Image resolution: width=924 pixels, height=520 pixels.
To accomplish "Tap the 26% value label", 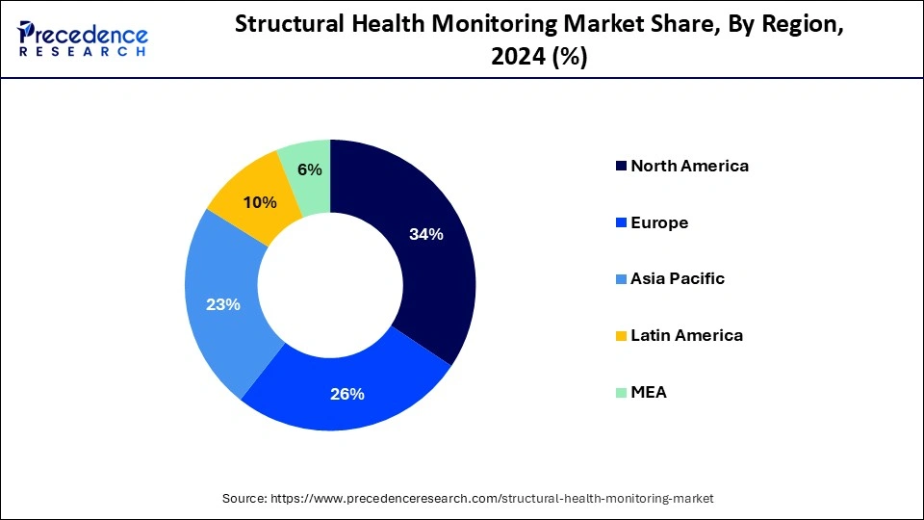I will click(x=347, y=394).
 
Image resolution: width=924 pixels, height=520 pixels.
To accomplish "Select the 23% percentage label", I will click(x=222, y=304).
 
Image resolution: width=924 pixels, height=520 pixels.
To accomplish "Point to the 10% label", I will click(x=260, y=202).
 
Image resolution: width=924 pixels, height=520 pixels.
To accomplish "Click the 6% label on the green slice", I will click(x=310, y=169).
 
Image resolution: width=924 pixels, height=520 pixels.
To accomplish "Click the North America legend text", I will click(x=689, y=166).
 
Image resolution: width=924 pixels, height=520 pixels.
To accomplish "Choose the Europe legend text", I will click(x=659, y=222).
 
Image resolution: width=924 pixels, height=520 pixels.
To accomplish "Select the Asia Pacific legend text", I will click(x=678, y=278).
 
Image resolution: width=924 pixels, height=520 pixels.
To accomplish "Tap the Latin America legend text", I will click(x=686, y=335).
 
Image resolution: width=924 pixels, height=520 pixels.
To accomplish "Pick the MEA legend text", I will click(x=649, y=392).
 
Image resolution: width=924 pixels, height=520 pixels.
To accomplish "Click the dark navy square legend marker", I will click(x=620, y=167).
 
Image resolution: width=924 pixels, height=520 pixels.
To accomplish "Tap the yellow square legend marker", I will click(x=620, y=336).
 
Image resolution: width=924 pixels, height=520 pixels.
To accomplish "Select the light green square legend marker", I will click(x=620, y=393).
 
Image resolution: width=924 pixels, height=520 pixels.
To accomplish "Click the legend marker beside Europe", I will click(x=620, y=223).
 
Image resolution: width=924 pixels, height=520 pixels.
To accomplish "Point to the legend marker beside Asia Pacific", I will click(x=620, y=279).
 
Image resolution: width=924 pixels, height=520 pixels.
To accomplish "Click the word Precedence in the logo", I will click(x=91, y=36).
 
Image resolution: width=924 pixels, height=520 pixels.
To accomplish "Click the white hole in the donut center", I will click(x=330, y=285).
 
